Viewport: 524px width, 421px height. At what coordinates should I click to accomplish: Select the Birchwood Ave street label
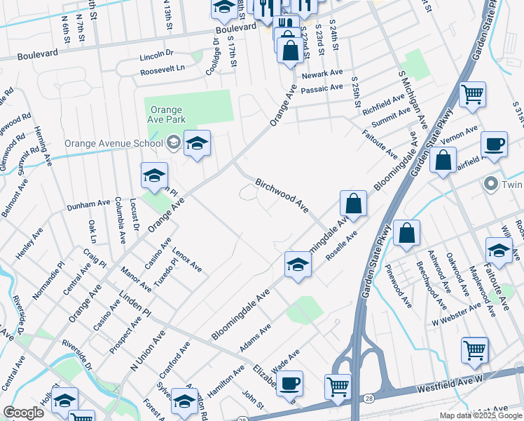click(282, 194)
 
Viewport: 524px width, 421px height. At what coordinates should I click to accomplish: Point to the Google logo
click(23, 413)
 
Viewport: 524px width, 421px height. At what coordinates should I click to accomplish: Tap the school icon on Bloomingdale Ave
click(298, 266)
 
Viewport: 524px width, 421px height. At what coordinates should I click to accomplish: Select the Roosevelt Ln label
click(162, 68)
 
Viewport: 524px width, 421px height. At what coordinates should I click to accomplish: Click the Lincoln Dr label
click(156, 54)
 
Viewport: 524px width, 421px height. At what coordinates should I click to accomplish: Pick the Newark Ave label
click(322, 74)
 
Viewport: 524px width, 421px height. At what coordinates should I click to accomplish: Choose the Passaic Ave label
click(322, 88)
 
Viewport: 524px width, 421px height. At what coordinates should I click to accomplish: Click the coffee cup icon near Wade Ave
click(289, 384)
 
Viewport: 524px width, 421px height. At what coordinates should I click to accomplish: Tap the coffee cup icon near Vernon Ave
click(495, 145)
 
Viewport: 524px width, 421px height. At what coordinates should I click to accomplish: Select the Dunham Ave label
click(89, 204)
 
